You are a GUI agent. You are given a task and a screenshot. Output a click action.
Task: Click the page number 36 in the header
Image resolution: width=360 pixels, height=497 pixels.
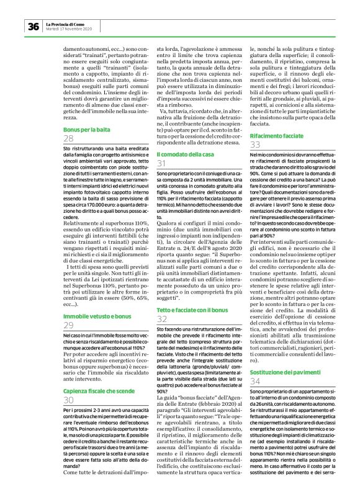click(33, 26)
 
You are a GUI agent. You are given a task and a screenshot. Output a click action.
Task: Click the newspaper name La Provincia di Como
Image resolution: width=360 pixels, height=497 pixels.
click(68, 24)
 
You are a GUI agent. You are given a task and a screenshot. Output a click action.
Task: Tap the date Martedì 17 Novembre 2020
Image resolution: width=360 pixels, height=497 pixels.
click(69, 29)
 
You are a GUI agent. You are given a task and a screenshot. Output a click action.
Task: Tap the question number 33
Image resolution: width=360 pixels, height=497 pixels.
click(255, 145)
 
